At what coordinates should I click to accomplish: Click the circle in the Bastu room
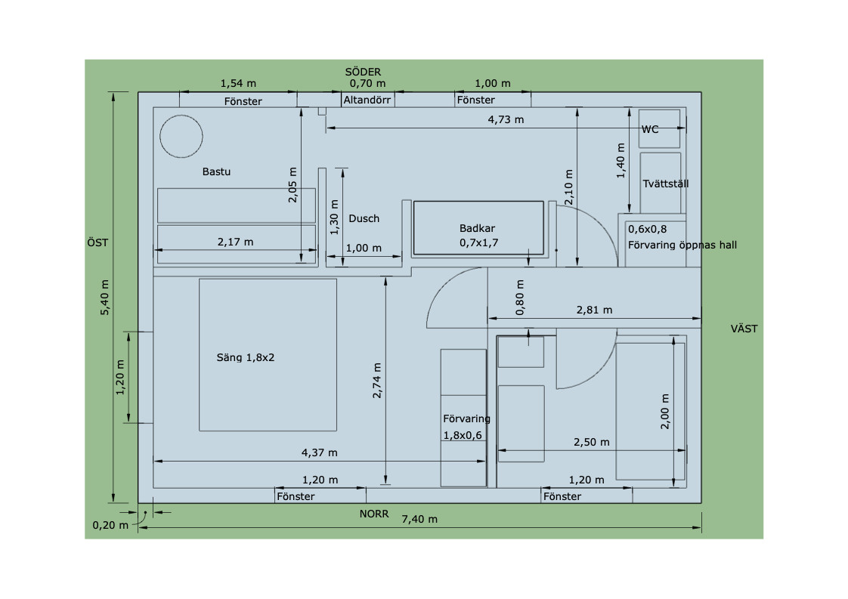(x=181, y=115)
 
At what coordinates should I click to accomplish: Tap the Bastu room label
(x=216, y=171)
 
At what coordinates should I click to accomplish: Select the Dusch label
(x=364, y=218)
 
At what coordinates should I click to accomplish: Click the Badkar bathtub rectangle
(x=478, y=201)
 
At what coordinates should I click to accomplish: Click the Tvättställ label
(x=666, y=184)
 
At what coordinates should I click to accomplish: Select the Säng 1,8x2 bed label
(x=246, y=357)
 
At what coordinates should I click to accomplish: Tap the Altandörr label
(x=367, y=100)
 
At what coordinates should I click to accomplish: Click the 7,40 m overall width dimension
(x=419, y=519)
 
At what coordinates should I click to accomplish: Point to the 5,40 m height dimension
(x=105, y=298)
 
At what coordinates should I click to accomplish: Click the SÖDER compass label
(x=363, y=72)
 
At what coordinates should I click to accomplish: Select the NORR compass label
(x=374, y=514)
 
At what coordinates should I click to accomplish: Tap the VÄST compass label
(x=744, y=329)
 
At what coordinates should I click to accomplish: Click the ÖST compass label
(x=97, y=242)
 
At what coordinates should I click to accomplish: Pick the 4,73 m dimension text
(x=506, y=119)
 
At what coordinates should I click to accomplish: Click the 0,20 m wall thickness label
(x=110, y=525)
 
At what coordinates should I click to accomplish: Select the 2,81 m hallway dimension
(x=594, y=310)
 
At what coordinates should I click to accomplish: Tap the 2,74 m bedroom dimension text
(x=377, y=381)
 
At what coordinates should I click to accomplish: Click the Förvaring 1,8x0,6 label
(x=467, y=427)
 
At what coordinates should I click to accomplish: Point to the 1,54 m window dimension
(x=238, y=83)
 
